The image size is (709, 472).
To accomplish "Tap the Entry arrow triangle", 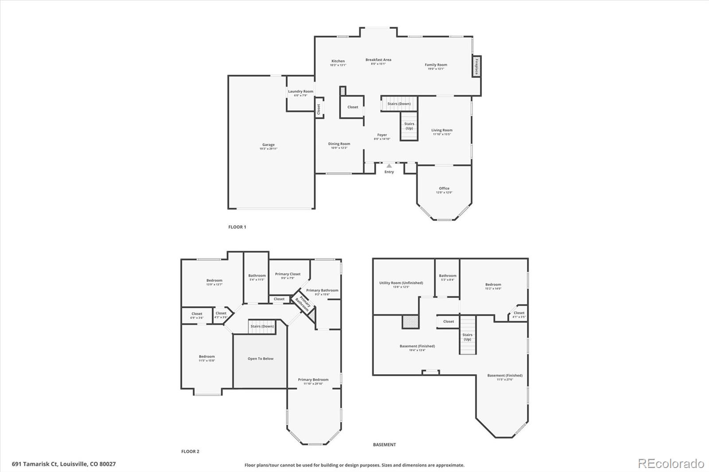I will pyautogui.click(x=389, y=166).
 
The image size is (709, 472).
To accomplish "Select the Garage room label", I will pyautogui.click(x=268, y=145).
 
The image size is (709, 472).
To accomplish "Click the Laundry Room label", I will pyautogui.click(x=300, y=92).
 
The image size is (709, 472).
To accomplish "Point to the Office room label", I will pyautogui.click(x=444, y=189).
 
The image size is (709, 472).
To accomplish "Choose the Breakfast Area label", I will pyautogui.click(x=378, y=60).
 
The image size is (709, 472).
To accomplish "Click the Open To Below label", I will pyautogui.click(x=261, y=359).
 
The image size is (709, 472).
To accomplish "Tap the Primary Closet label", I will pyautogui.click(x=288, y=274).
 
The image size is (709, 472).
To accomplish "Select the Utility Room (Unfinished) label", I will pyautogui.click(x=401, y=283).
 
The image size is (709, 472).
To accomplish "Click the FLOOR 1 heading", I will pyautogui.click(x=237, y=227).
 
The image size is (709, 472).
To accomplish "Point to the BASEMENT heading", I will pyautogui.click(x=384, y=445).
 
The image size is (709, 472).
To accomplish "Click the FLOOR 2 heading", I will pyautogui.click(x=190, y=452).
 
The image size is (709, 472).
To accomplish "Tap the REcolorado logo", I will pyautogui.click(x=671, y=464).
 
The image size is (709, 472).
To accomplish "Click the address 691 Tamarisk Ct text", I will pyautogui.click(x=64, y=464).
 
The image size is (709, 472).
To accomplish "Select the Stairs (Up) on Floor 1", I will pyautogui.click(x=409, y=126).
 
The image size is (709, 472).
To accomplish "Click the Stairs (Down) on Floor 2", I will pyautogui.click(x=262, y=326).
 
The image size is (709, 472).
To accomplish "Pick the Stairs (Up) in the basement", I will pyautogui.click(x=467, y=337).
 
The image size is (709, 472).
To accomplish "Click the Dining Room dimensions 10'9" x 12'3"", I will pyautogui.click(x=339, y=148).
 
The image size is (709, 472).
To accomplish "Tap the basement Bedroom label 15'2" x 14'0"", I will pyautogui.click(x=493, y=285).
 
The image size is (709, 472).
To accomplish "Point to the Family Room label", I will pyautogui.click(x=436, y=65).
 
